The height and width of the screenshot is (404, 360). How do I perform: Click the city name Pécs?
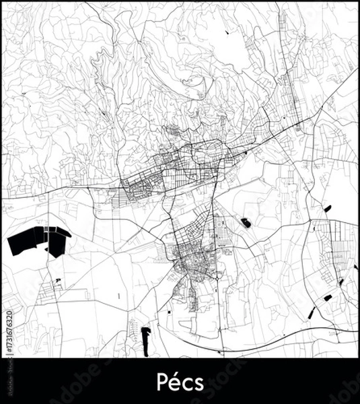pos(180,381)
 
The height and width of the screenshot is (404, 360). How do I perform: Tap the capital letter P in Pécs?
pos(161,381)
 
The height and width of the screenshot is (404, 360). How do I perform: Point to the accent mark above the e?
pos(175,373)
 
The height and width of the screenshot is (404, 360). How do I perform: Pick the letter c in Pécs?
pos(186,382)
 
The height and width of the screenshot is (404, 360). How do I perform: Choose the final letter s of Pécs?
pos(196,382)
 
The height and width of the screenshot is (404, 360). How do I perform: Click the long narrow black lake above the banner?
pos(145,340)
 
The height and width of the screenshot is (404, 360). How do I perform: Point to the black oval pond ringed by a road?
pos(246,222)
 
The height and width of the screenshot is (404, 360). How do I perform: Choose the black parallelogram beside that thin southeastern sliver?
pos(328,297)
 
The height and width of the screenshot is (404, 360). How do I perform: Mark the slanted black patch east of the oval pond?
pos(328,208)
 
